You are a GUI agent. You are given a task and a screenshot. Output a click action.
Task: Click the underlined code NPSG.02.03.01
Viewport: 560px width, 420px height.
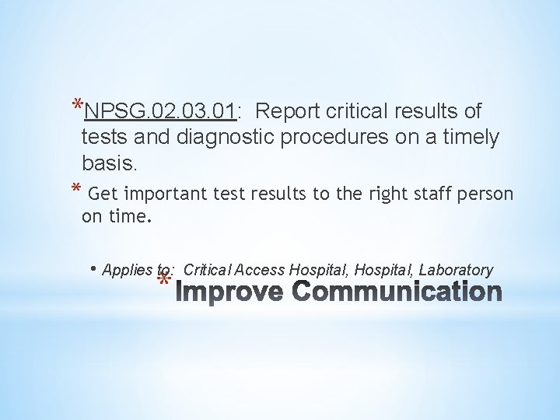click(160, 112)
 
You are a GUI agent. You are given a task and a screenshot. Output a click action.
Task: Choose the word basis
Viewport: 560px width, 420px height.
click(108, 163)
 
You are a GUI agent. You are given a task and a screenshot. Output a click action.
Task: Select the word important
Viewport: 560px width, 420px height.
click(166, 194)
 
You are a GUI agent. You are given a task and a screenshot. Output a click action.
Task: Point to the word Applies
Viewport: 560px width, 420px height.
click(128, 270)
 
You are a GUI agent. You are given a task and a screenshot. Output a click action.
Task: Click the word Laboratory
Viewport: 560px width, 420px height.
click(456, 270)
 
